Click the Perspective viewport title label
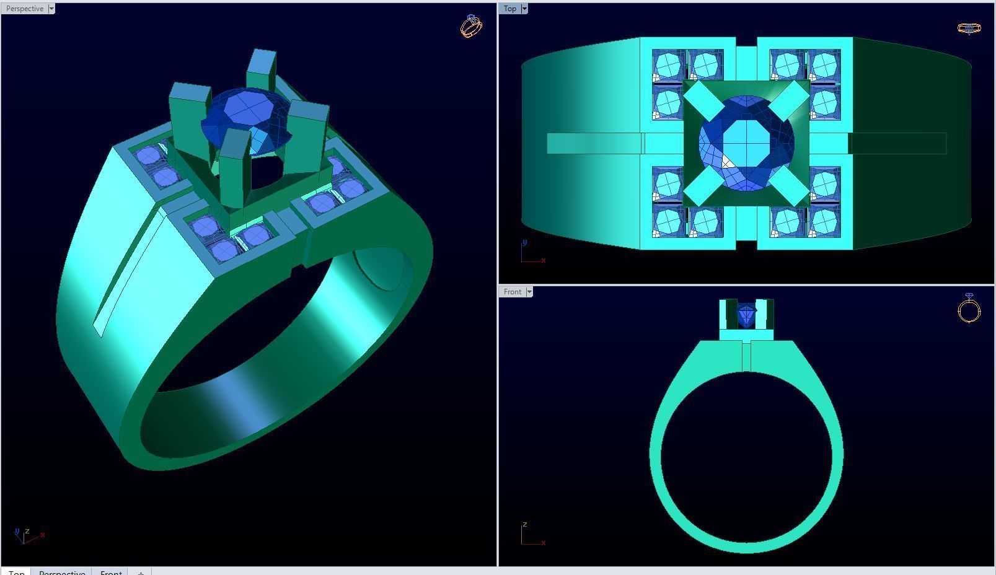point(25,9)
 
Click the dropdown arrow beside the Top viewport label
point(524,9)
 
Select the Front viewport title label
point(513,292)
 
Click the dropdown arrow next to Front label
point(529,292)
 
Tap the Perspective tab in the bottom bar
point(62,571)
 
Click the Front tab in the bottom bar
point(111,571)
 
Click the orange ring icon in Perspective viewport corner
point(471,26)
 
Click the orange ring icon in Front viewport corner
point(969,308)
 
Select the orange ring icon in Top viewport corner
point(969,29)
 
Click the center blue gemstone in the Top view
point(746,143)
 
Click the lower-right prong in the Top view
point(788,185)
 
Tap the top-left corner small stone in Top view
point(668,65)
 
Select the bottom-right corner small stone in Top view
point(824,221)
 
